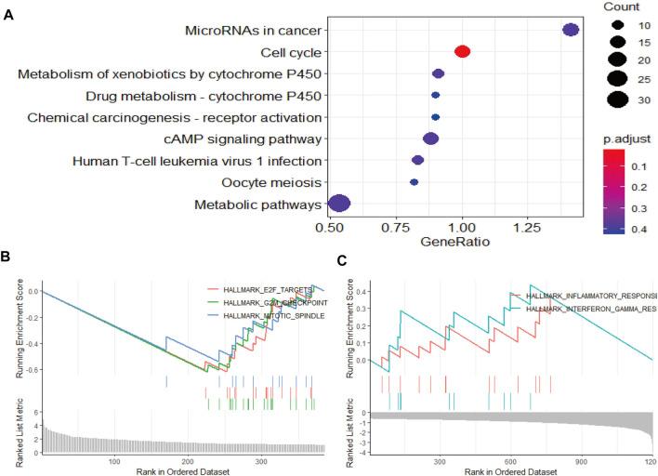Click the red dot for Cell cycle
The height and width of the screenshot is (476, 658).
tap(462, 52)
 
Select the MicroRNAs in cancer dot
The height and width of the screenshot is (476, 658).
tap(572, 31)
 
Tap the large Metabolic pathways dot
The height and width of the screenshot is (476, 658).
tap(340, 204)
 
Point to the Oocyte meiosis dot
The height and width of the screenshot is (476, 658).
tap(414, 182)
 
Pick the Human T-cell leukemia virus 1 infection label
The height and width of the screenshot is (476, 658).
tap(198, 161)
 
